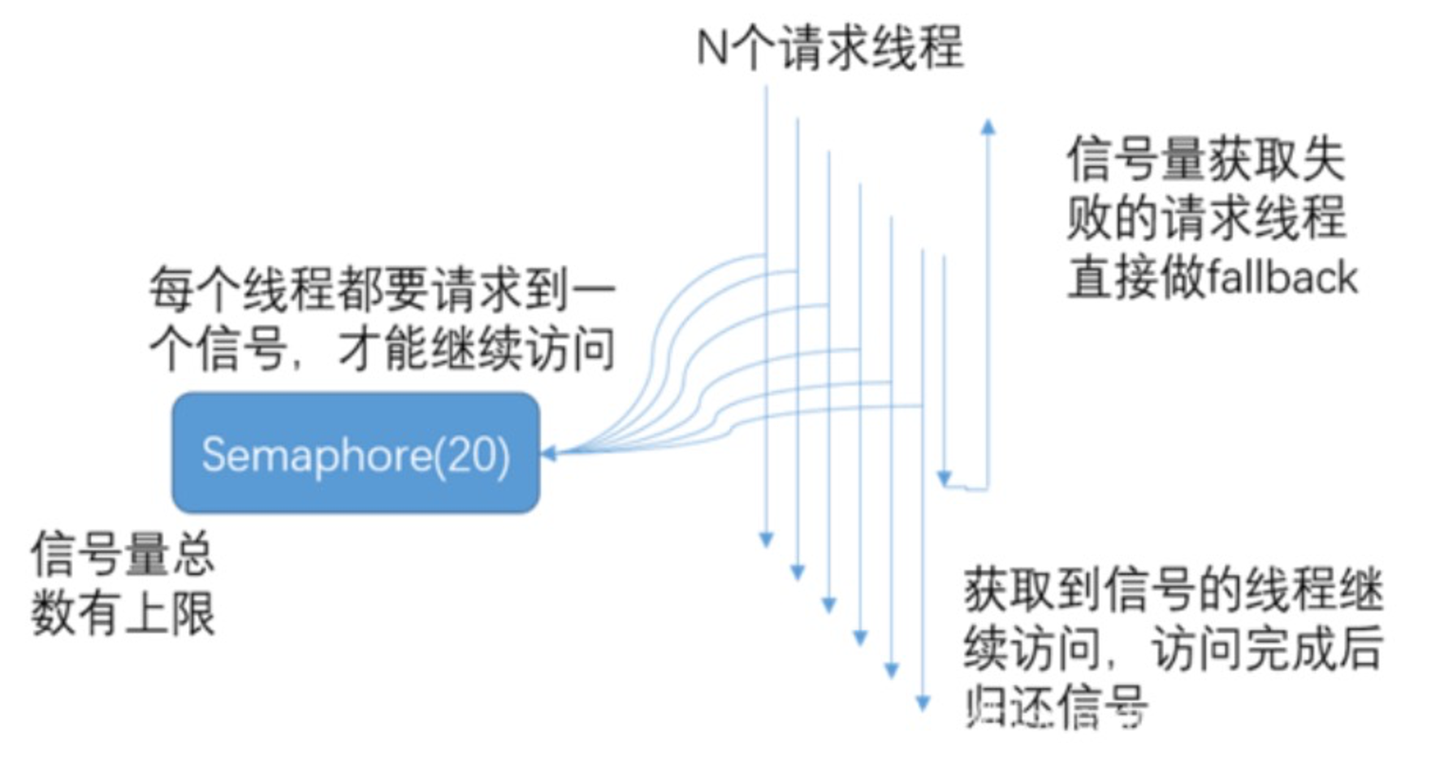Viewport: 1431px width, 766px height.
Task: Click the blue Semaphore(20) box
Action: click(356, 452)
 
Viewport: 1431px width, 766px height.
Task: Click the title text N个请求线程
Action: click(830, 47)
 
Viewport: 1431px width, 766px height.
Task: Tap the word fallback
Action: click(1282, 278)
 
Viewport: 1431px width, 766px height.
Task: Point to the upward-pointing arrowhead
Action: click(988, 127)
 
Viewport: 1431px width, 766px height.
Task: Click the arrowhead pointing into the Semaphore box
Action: click(549, 452)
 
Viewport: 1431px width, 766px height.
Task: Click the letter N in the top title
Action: click(711, 47)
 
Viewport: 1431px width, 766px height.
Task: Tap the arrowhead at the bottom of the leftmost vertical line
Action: click(766, 539)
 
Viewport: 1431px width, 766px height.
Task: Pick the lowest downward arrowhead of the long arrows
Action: click(923, 703)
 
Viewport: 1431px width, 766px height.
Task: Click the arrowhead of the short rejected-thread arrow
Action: click(944, 478)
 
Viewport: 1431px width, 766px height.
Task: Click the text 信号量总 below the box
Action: click(123, 554)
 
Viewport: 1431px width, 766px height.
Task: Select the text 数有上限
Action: click(123, 613)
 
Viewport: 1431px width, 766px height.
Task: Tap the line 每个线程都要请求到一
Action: click(383, 290)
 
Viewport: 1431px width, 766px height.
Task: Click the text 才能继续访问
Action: click(477, 350)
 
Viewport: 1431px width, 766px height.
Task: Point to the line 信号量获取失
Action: click(1206, 159)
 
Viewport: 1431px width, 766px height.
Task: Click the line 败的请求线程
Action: click(1206, 219)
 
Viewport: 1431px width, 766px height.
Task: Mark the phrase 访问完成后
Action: click(1268, 647)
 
